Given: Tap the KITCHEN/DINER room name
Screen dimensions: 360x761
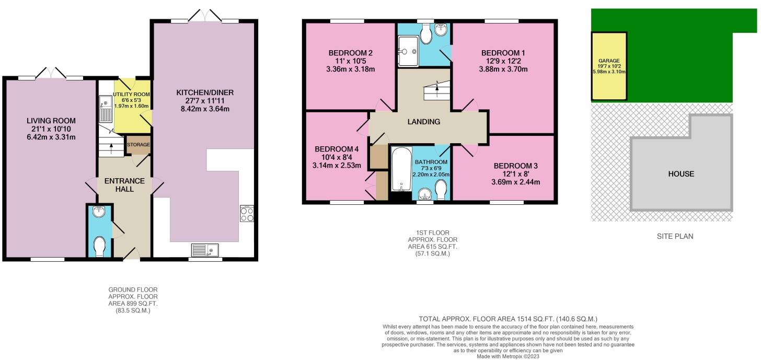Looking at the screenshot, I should (205, 92).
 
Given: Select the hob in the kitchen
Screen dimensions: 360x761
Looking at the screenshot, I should (247, 214).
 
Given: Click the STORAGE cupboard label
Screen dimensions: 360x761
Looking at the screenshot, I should (138, 145).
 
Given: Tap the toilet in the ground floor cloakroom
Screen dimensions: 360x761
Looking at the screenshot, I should (99, 246).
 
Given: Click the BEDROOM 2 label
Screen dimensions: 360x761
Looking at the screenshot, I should (350, 53).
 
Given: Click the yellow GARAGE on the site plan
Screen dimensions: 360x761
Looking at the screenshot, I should (609, 66).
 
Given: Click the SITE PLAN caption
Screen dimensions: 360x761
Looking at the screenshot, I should (675, 236).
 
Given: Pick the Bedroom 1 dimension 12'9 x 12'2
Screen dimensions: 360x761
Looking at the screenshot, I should (503, 61).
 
